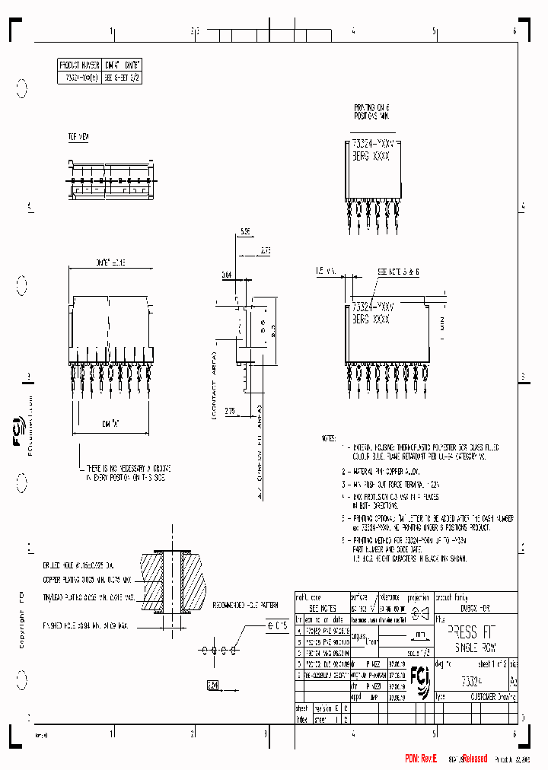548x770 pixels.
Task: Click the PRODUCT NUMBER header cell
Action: coord(79,65)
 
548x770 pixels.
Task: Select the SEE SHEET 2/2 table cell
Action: coord(123,77)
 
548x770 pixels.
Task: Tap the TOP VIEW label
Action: coord(78,137)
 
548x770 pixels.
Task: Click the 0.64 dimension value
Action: coord(227,275)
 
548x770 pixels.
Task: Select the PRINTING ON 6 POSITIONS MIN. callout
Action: coord(371,113)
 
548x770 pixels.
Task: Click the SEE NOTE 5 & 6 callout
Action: coord(398,272)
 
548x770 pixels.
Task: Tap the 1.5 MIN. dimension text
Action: coord(325,271)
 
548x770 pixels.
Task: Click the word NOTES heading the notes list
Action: coord(328,439)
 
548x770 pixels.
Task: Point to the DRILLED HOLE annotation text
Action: coord(78,566)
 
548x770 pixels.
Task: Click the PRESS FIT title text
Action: coord(473,633)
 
